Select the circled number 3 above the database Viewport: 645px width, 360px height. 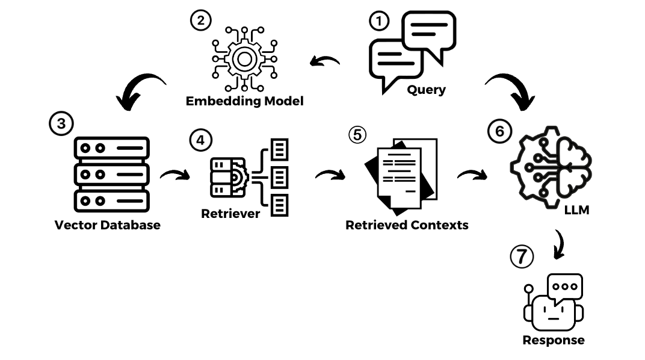click(60, 125)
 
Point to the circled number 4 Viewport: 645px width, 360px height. click(200, 140)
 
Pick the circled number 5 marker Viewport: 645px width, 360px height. click(357, 134)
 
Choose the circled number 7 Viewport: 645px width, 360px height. click(521, 257)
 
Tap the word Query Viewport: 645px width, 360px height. click(426, 90)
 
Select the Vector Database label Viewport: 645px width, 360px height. click(108, 225)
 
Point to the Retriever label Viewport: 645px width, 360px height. click(230, 213)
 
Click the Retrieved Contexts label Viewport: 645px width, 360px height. click(407, 225)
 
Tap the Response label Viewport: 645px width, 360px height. click(553, 340)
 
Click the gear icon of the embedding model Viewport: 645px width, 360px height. click(244, 58)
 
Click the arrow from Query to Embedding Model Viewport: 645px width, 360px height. click(326, 61)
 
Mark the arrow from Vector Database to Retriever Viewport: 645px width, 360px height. click(174, 175)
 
